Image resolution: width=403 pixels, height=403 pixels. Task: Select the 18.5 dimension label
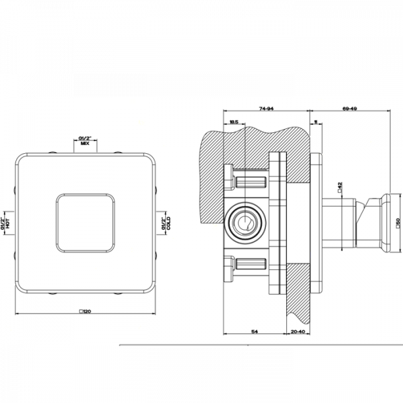tap(234, 122)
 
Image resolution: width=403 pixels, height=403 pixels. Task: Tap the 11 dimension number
tap(315, 122)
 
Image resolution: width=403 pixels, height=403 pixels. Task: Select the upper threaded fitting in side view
tap(253, 182)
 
